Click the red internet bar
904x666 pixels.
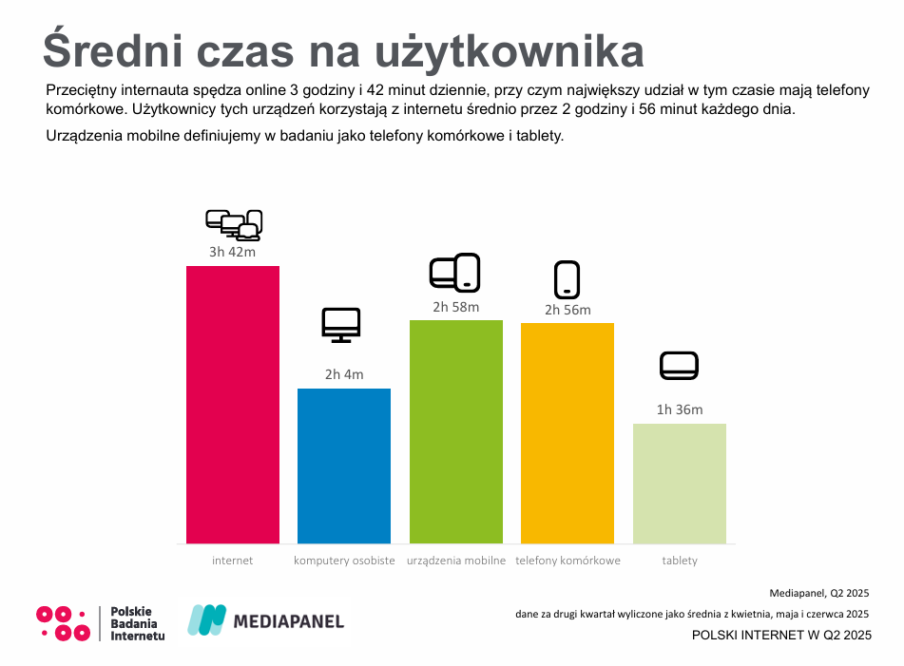[233, 404]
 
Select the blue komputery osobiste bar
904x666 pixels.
[344, 466]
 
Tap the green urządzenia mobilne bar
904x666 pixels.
[456, 431]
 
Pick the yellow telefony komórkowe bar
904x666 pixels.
[567, 433]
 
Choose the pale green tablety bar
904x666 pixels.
[680, 483]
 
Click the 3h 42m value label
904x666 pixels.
[232, 252]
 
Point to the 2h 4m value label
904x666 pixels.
[344, 374]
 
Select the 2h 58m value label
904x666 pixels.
[456, 306]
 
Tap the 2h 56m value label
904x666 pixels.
[567, 310]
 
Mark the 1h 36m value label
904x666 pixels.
[680, 409]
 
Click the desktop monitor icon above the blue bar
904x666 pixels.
[341, 325]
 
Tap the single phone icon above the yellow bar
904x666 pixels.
[567, 279]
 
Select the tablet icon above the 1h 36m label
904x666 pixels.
[680, 366]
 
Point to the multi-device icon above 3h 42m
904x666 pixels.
[234, 224]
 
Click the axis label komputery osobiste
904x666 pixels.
[344, 561]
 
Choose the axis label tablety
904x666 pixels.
[680, 561]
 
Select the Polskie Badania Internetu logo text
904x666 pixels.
[137, 623]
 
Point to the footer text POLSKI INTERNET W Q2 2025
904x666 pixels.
[780, 635]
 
